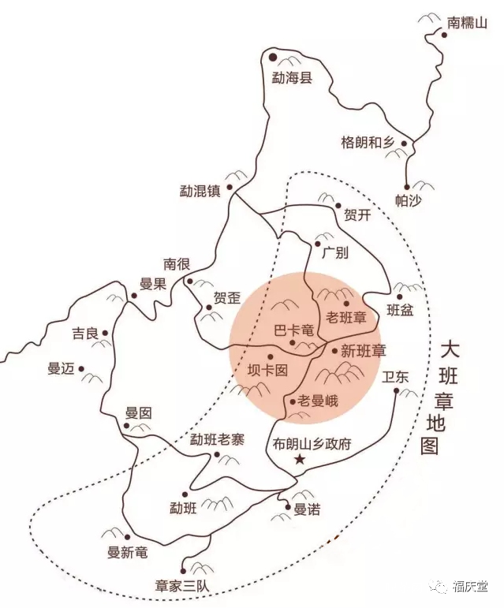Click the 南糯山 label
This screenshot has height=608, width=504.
click(467, 23)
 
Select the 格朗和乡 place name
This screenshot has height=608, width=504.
click(367, 142)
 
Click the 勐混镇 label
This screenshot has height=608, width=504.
click(200, 191)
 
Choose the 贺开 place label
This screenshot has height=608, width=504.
click(358, 215)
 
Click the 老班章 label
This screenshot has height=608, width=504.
click(347, 319)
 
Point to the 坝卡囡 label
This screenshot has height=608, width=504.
click(267, 369)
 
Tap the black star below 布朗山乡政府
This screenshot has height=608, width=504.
click(299, 460)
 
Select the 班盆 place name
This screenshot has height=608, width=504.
click(400, 310)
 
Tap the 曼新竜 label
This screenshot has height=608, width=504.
click(128, 553)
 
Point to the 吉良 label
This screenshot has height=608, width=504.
click(84, 334)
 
